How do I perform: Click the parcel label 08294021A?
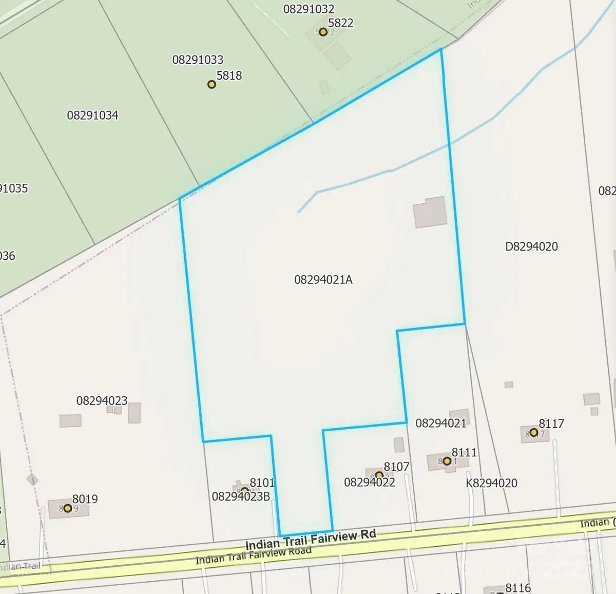323,280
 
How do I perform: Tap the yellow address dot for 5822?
323,32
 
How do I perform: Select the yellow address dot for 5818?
211,84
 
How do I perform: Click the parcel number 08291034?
92,115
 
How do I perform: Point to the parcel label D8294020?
531,246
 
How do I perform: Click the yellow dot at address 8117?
534,433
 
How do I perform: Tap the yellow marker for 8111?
447,461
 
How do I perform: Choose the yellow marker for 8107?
379,475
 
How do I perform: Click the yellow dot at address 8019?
67,508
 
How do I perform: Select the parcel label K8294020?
491,483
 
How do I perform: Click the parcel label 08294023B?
241,496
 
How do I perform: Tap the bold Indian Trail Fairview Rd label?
311,540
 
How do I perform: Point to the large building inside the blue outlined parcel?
430,212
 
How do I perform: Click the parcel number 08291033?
198,60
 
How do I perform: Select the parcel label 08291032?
309,9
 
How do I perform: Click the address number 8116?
518,588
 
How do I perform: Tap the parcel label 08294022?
370,482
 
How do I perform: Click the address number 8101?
262,483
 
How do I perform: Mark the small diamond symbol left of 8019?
32,480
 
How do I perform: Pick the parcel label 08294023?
102,400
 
